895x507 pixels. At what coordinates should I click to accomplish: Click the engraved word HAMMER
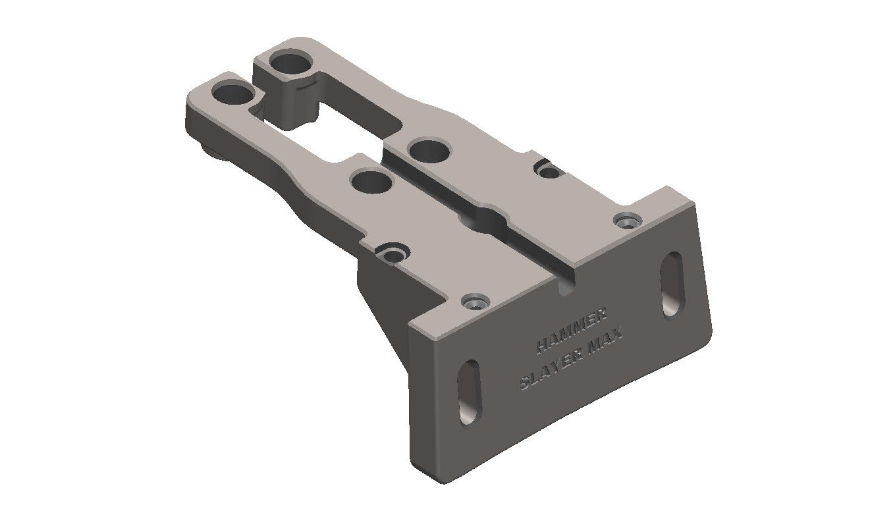coord(572,331)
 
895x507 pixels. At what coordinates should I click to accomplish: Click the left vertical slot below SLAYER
coord(470,391)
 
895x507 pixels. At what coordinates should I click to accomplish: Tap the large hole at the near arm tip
coord(233,94)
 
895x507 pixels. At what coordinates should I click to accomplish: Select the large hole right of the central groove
coord(429,151)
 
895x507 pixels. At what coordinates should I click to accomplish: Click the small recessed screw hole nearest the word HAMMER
coord(475,302)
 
